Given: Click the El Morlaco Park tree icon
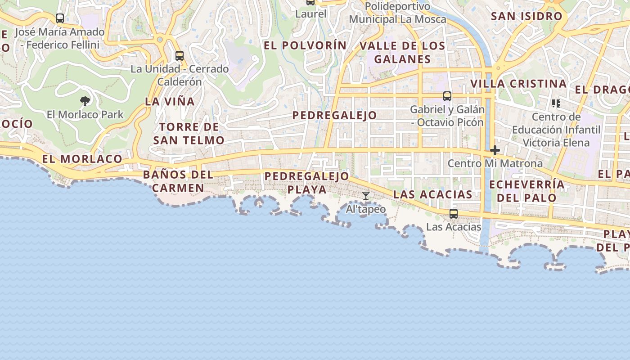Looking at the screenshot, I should pos(85,101).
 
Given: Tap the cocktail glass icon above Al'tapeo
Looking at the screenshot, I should pos(366,196).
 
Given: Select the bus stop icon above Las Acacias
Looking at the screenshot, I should pos(454,213).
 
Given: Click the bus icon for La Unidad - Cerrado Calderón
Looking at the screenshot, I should pos(180,56).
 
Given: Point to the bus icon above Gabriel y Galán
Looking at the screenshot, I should pos(447,96).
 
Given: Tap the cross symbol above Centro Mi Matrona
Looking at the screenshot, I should pos(495,150).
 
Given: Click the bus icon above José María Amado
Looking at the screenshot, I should pos(60,18).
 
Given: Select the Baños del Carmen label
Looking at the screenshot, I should pos(178,181).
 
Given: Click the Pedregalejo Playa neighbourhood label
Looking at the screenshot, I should pos(307,183).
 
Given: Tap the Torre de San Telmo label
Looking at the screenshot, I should pos(189,134).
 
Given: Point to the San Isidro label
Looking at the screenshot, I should pos(526,16).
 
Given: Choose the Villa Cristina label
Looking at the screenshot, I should pos(518,84).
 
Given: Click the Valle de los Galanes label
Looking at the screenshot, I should pos(402,52).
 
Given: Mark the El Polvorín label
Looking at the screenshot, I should pos(305,45).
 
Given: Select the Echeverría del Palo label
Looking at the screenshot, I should pos(526,191).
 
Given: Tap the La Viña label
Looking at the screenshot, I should pos(170,102).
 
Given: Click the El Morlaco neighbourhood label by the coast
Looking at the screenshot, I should pos(82,159).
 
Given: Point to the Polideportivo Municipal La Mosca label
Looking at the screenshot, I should pos(397,13).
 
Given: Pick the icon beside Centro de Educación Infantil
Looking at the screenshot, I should pos(556,103).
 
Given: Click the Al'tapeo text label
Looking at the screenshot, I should pos(366,209).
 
